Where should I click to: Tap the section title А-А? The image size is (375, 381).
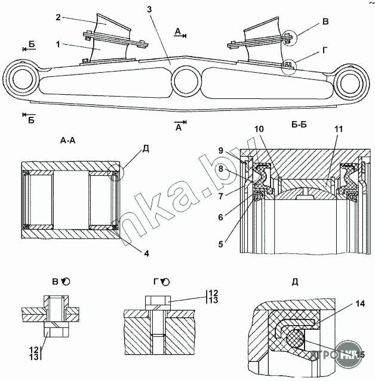pos(71,141)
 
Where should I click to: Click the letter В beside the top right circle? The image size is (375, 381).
pos(325,23)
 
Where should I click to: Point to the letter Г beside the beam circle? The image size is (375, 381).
pos(325,51)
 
